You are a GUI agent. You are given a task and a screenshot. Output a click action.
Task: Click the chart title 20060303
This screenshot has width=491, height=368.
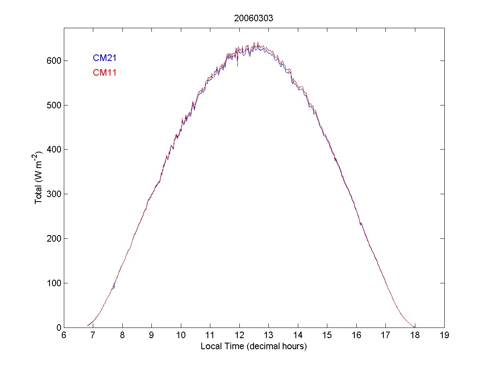pos(254,18)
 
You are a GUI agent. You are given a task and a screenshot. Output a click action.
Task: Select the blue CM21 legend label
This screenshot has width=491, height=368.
pos(105,58)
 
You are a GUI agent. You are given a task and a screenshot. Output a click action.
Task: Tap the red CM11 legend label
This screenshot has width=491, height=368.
pos(105,73)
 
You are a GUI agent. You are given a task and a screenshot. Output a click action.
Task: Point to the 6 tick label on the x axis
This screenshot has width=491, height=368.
pos(64,336)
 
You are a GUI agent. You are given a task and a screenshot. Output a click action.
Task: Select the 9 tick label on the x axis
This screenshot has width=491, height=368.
pos(151,336)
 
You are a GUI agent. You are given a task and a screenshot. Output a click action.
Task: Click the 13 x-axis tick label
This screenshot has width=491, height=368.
pos(268,336)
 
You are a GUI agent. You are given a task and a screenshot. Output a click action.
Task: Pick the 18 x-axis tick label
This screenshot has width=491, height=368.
pos(415,336)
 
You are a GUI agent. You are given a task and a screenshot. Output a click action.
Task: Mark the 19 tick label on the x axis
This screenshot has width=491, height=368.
pos(444,336)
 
